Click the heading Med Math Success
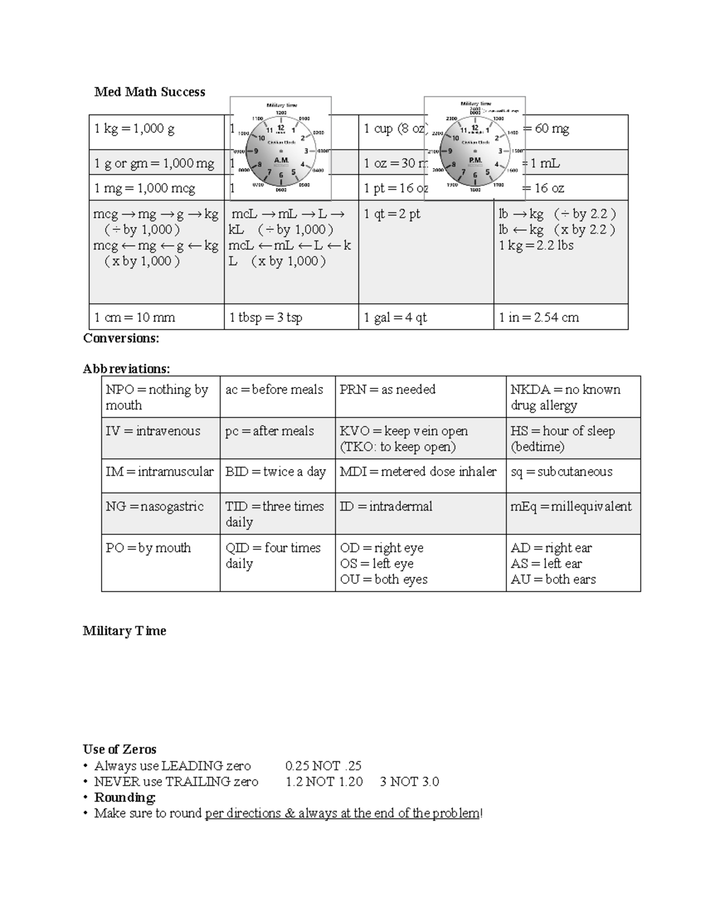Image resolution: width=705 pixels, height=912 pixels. (150, 92)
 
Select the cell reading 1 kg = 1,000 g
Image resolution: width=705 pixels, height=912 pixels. (135, 129)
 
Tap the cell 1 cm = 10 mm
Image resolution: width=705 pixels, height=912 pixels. (135, 318)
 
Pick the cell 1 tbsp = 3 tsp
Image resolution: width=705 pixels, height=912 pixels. (266, 318)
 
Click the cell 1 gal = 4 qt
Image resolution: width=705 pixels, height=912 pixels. (395, 318)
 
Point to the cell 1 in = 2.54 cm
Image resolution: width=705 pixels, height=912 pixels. (539, 318)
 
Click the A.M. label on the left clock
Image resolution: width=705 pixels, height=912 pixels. (281, 160)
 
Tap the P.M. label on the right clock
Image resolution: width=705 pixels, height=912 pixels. (475, 160)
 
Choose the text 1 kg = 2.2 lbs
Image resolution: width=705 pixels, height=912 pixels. (536, 245)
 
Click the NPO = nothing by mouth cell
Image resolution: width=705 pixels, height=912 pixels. (157, 397)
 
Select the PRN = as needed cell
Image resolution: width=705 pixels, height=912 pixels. (387, 389)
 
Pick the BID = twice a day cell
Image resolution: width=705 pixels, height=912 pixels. (275, 472)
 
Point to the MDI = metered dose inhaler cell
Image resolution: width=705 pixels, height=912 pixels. (418, 472)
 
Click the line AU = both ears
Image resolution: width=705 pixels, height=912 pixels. (553, 580)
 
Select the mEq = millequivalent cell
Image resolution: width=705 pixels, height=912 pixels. (570, 507)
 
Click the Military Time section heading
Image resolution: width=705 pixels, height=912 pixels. (125, 631)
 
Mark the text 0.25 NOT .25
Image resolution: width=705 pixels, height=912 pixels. (323, 766)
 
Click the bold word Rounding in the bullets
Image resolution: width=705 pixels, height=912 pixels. (125, 797)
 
